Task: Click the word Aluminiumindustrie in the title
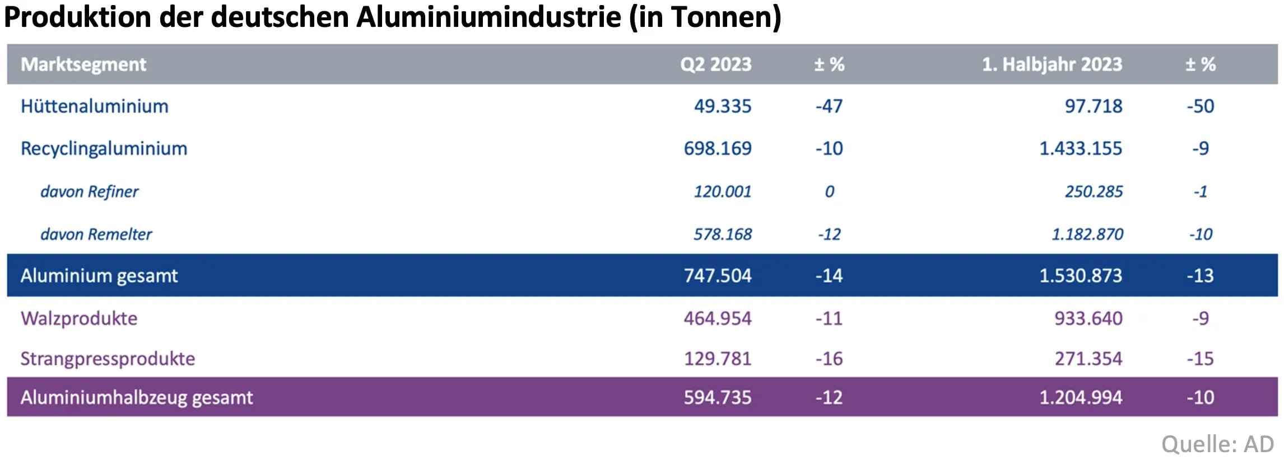click(489, 17)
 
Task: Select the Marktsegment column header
click(83, 64)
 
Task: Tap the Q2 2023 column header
click(715, 64)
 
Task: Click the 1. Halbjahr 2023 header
click(1052, 64)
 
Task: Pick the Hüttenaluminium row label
click(94, 106)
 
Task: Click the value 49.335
click(722, 106)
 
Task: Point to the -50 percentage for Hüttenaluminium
click(1200, 106)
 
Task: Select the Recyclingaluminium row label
click(104, 149)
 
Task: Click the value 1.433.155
click(1080, 149)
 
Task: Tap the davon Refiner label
click(89, 192)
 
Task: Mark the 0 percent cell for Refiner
click(829, 192)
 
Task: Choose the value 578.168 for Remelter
click(722, 234)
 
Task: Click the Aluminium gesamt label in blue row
click(99, 276)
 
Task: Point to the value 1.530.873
click(1080, 276)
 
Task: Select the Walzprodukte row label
click(78, 318)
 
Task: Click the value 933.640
click(1088, 318)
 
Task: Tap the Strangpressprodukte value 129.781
click(717, 359)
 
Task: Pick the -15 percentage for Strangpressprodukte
click(1200, 359)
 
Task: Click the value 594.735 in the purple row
click(717, 397)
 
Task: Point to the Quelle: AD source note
click(1217, 444)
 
